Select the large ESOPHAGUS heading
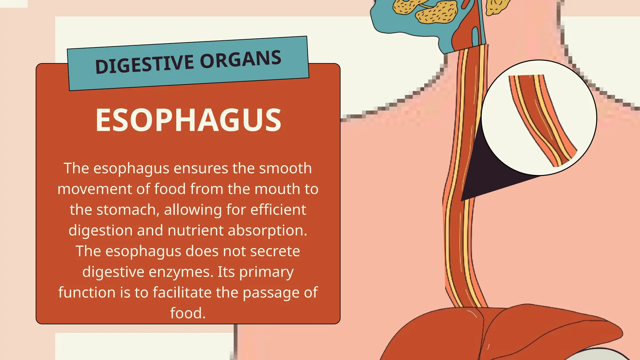point(188,120)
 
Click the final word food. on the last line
point(188,313)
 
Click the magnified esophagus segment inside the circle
point(542,120)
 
